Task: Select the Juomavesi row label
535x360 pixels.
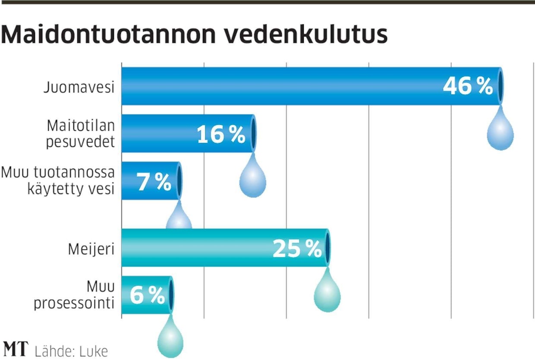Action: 79,88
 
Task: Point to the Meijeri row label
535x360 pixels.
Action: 91,249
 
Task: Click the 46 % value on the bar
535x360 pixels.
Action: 468,86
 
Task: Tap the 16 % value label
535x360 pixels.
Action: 221,134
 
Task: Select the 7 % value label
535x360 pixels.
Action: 154,182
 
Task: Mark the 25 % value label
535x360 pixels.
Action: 297,249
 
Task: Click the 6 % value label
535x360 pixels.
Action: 147,296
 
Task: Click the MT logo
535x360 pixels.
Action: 15,349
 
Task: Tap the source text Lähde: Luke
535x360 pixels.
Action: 71,351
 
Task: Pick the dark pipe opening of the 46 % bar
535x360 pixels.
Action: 500,86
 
